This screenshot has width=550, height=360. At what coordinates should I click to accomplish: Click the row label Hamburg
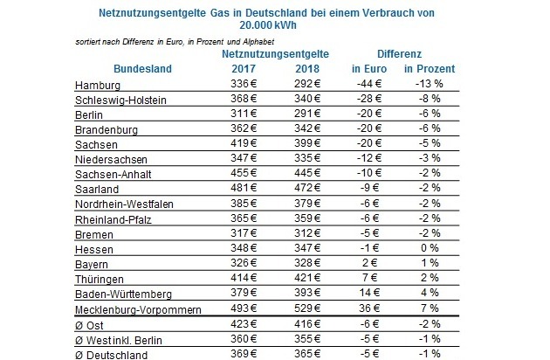click(x=99, y=86)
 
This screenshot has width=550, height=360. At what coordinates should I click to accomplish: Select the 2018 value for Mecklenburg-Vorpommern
click(x=297, y=309)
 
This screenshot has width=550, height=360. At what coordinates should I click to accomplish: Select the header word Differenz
click(x=393, y=54)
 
